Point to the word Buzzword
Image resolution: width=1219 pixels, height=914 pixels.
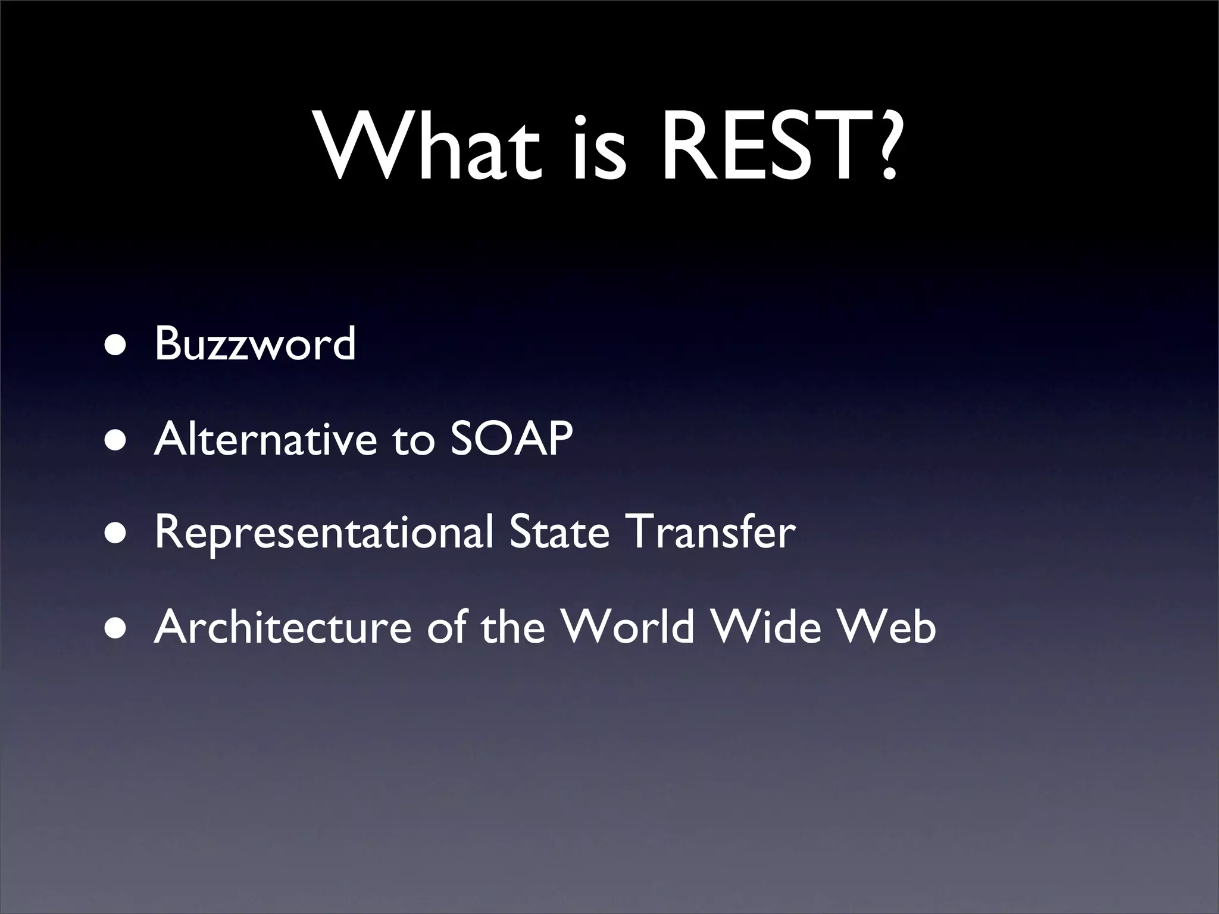click(255, 343)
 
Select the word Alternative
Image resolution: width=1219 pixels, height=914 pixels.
click(265, 439)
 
